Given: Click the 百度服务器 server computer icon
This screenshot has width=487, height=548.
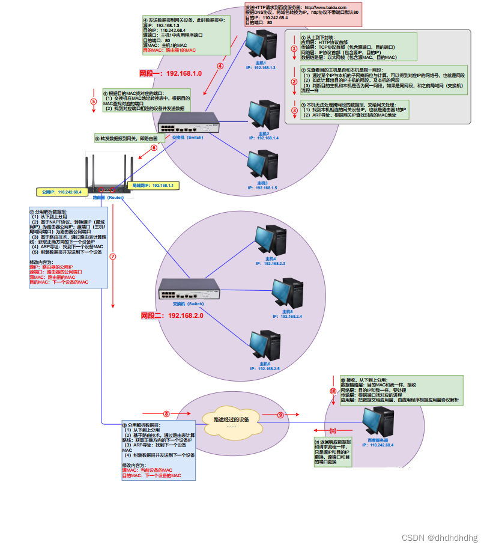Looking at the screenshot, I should tap(377, 423).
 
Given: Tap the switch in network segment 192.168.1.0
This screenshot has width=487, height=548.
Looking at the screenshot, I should tap(187, 124).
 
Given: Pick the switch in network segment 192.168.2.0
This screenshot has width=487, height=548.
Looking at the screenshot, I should tap(187, 290).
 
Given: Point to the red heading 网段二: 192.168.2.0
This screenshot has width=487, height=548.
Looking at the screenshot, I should tap(172, 315).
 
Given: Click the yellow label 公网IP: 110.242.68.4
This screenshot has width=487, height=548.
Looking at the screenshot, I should tap(61, 192).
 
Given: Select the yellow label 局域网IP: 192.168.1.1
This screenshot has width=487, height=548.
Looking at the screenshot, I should tap(153, 186).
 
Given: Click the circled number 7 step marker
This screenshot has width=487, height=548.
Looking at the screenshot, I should tap(112, 256).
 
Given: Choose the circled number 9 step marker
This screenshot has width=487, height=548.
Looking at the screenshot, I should tap(280, 415).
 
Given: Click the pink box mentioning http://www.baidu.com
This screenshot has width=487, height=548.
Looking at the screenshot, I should tap(303, 14).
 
